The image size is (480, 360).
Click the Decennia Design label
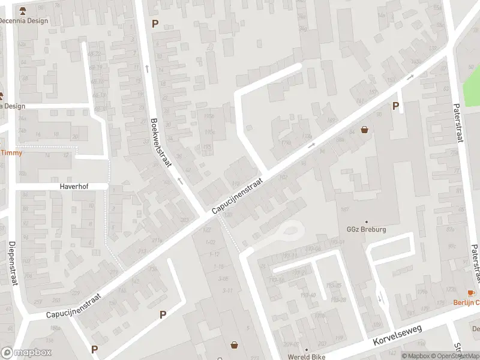click(23, 20)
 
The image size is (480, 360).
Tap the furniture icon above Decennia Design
click(23, 11)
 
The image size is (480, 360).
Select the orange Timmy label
click(11, 152)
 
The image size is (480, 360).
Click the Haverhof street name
click(74, 187)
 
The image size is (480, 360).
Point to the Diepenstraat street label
click(11, 263)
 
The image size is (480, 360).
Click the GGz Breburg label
click(366, 229)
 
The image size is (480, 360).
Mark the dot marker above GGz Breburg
click(366, 221)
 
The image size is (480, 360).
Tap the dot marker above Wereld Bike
click(306, 349)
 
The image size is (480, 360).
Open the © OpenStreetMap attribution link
click(455, 356)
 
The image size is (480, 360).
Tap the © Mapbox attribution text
click(417, 356)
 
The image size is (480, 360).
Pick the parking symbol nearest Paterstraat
click(395, 106)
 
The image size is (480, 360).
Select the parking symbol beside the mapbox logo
click(94, 349)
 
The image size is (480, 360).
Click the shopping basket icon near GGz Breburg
click(364, 130)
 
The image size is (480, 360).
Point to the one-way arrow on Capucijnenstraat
click(311, 146)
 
